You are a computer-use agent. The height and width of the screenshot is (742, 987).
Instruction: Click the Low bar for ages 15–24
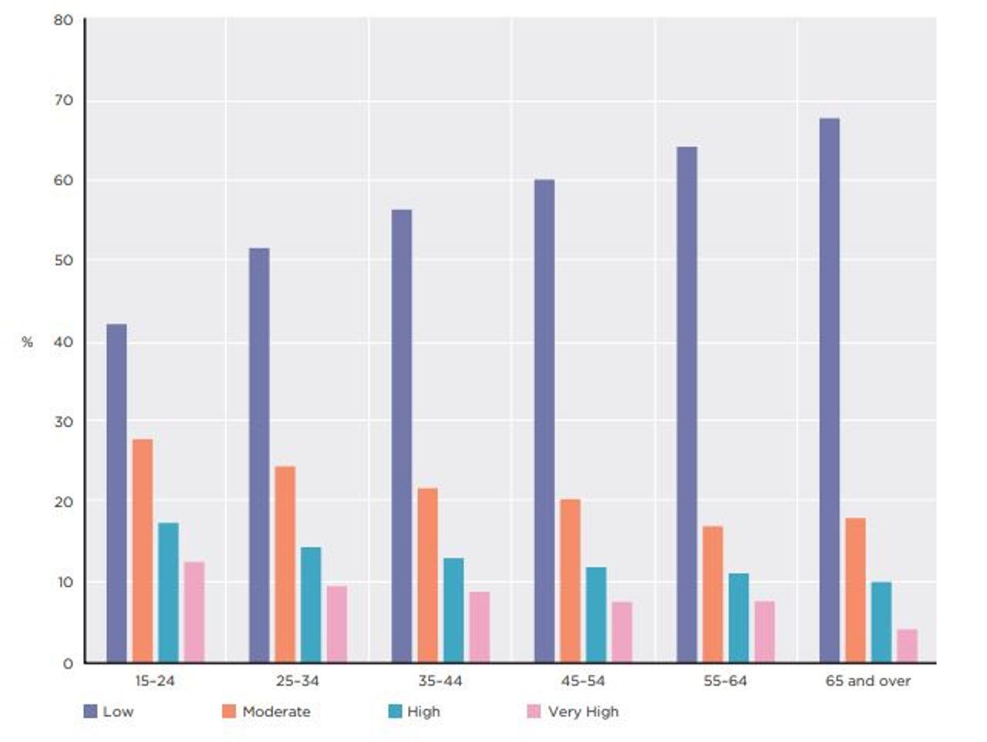116,494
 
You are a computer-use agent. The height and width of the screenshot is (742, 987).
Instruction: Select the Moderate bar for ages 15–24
143,551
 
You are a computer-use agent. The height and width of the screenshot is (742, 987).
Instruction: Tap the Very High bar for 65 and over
907,646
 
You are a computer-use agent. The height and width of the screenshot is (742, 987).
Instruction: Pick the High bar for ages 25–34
311,605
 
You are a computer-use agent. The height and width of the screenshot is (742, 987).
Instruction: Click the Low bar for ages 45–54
544,421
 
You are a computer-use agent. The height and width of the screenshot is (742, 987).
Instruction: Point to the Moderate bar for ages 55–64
712,594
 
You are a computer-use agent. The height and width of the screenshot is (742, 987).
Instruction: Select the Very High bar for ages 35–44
480,627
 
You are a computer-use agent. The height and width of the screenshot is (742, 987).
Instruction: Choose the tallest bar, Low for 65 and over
830,390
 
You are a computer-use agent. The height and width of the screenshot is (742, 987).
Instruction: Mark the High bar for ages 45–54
596,615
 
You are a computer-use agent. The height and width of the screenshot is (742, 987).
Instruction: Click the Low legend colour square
90,711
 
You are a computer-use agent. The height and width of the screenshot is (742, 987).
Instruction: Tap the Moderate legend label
276,711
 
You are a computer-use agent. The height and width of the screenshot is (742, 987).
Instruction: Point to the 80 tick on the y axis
64,20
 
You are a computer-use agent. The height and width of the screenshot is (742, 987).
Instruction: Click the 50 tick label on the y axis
64,261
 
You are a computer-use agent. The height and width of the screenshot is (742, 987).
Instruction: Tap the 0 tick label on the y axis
69,663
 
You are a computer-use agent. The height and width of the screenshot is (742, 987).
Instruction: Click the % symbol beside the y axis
28,342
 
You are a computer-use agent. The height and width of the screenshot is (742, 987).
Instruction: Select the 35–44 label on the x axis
440,681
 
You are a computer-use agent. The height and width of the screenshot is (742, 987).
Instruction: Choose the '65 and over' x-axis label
867,681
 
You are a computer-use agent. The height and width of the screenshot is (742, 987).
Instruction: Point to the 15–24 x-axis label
155,681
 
